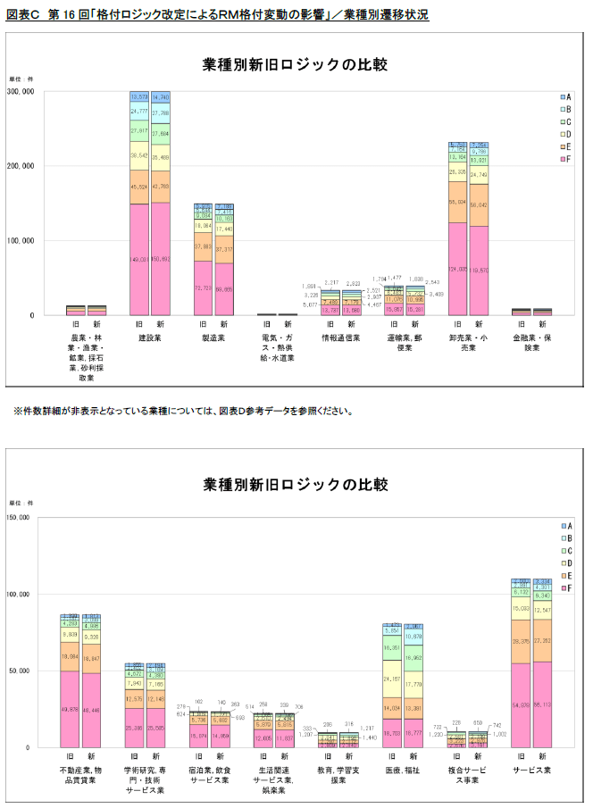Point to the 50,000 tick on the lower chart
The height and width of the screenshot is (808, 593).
20,671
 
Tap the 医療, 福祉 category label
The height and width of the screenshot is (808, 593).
404,770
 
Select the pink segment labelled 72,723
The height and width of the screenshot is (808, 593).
203,287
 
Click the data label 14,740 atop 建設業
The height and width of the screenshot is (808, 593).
161,96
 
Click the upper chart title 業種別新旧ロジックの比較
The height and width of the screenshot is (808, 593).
296,64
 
